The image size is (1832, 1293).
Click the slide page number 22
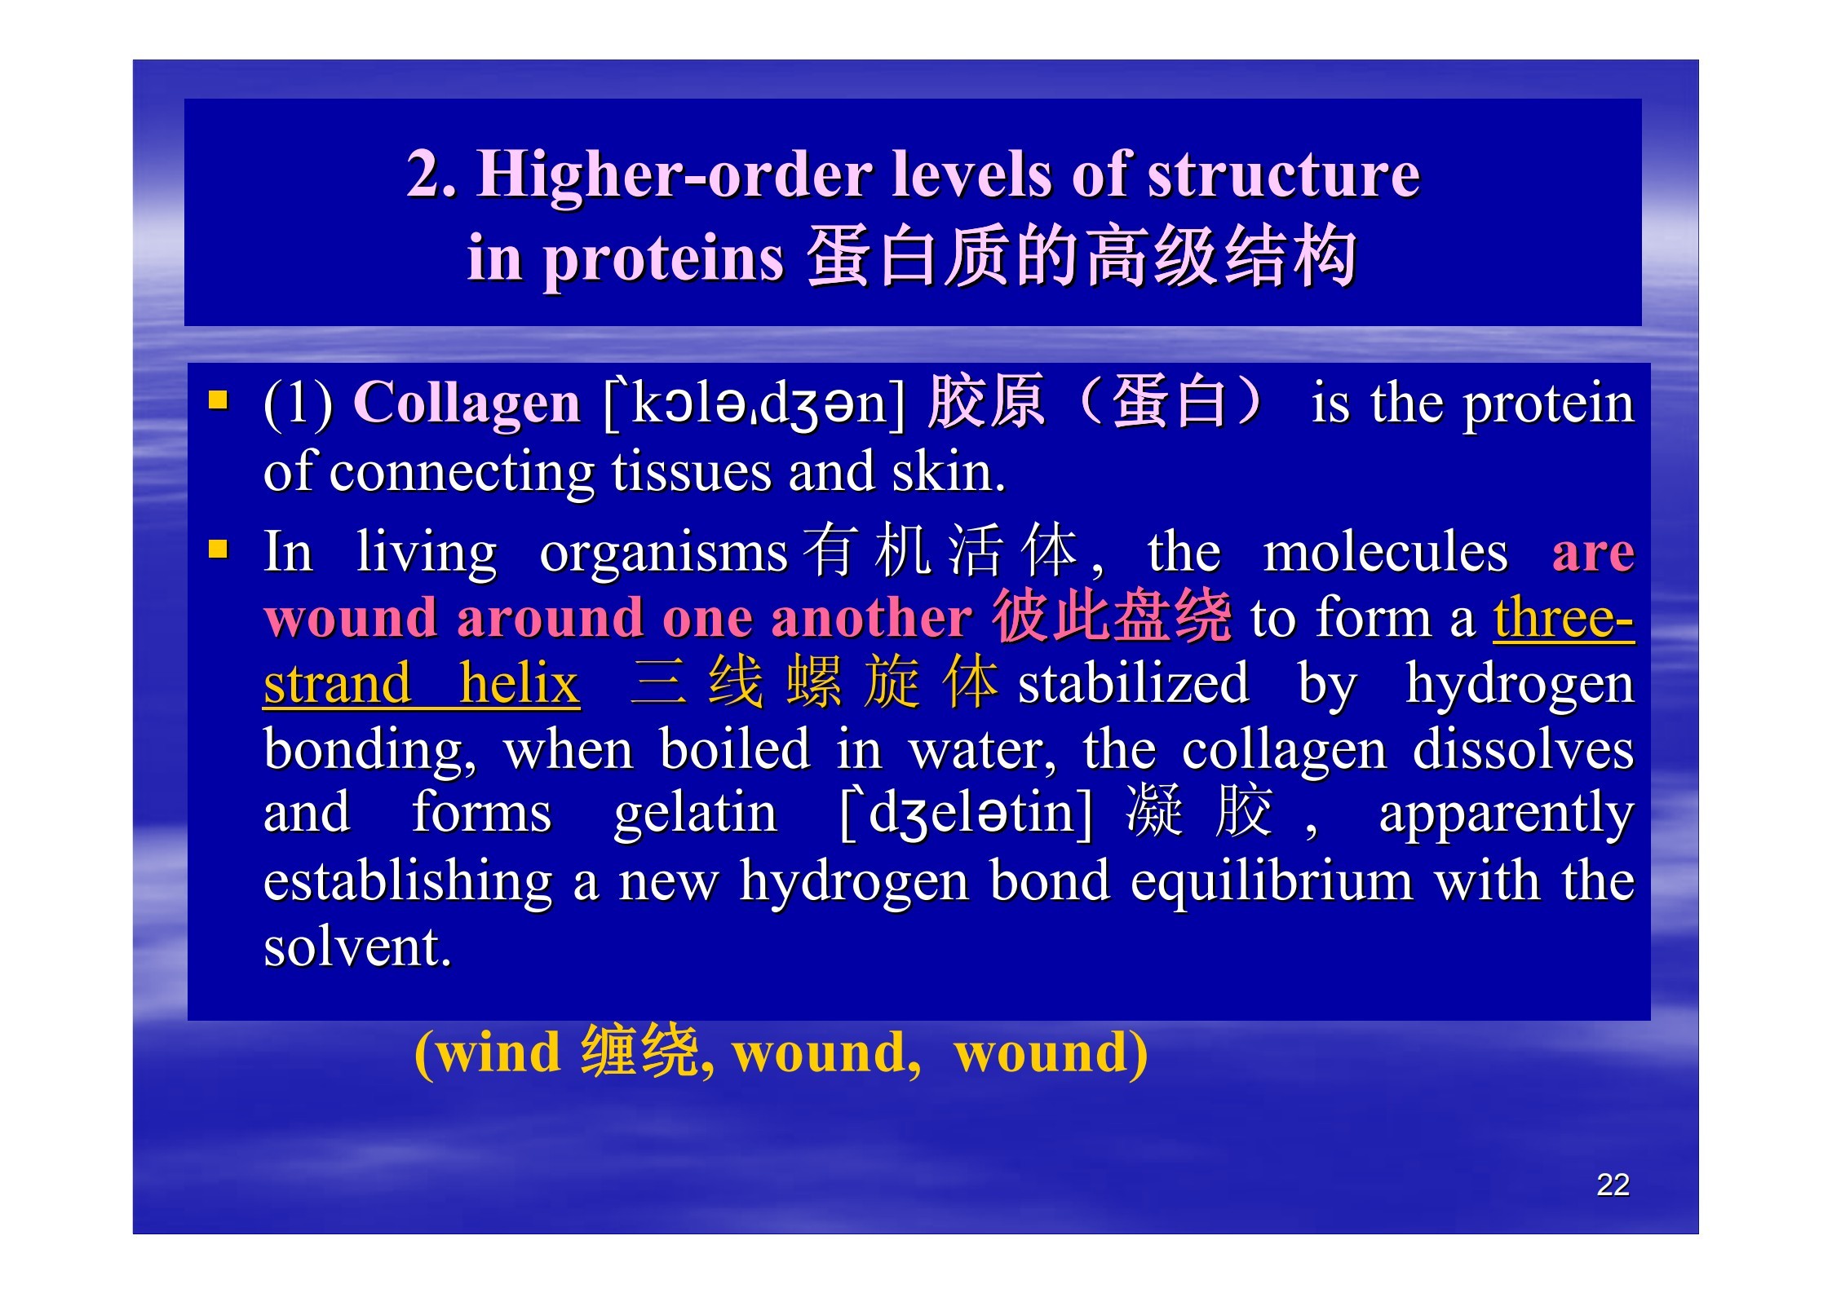point(1613,1185)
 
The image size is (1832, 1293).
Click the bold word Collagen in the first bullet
point(466,404)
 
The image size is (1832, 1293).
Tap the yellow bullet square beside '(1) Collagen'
point(218,399)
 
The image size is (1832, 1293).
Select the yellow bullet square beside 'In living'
point(218,548)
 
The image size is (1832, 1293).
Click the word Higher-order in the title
point(675,174)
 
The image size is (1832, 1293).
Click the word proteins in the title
point(663,260)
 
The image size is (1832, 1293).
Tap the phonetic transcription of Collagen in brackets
point(754,404)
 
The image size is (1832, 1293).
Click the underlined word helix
point(519,684)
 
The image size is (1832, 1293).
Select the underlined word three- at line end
point(1564,617)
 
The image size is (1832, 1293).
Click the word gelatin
point(696,813)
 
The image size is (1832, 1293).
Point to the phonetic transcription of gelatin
point(966,814)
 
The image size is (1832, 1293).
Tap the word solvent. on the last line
point(357,947)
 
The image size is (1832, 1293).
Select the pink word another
point(871,617)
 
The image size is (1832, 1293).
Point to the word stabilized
point(1134,684)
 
